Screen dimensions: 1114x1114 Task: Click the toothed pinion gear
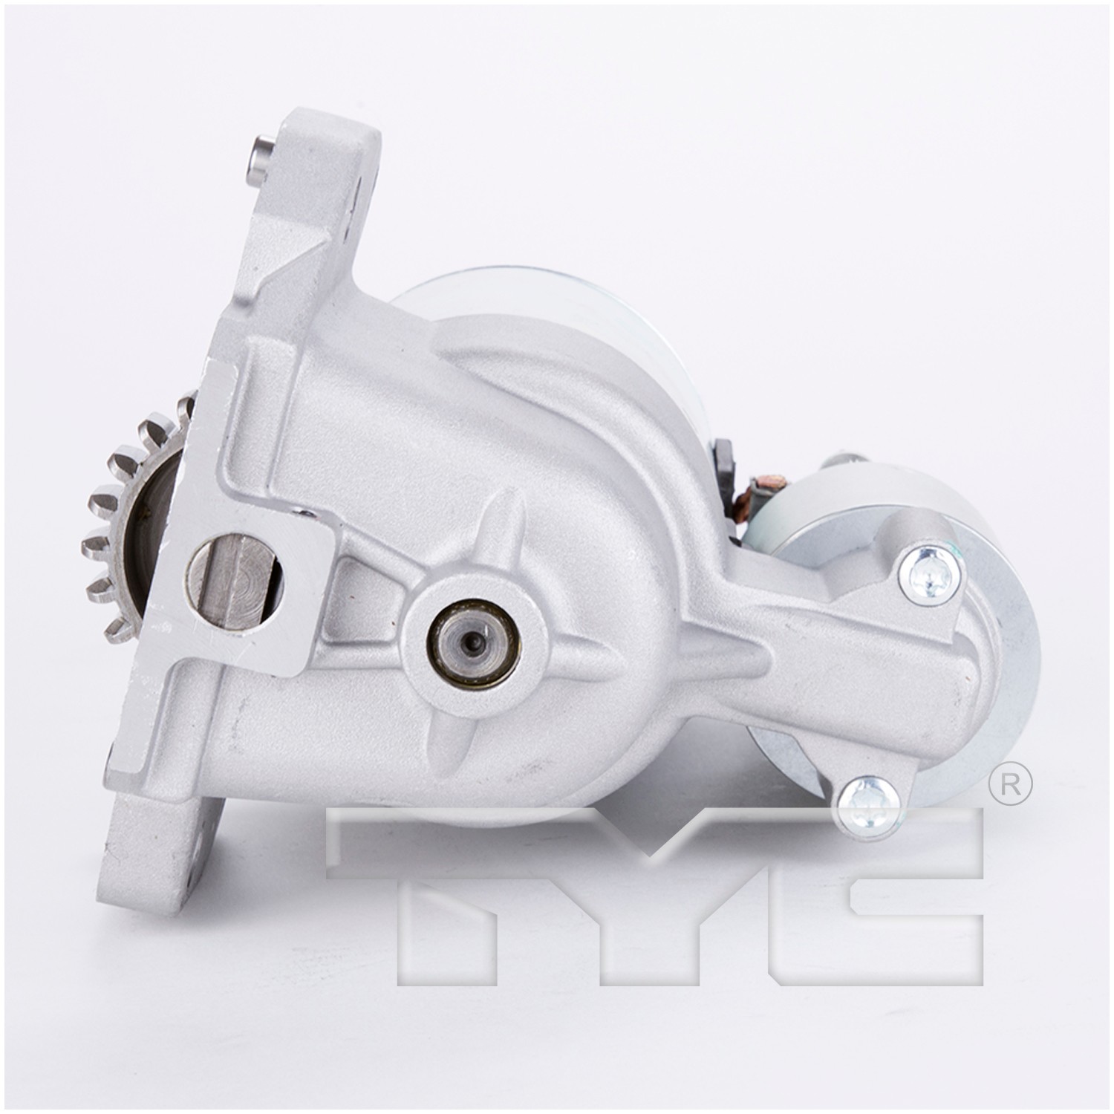(x=111, y=520)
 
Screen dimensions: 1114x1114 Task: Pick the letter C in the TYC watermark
(x=876, y=887)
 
